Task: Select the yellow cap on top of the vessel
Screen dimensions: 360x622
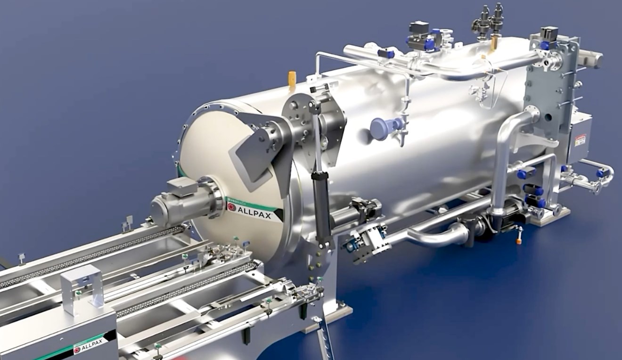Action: (x=292, y=78)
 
